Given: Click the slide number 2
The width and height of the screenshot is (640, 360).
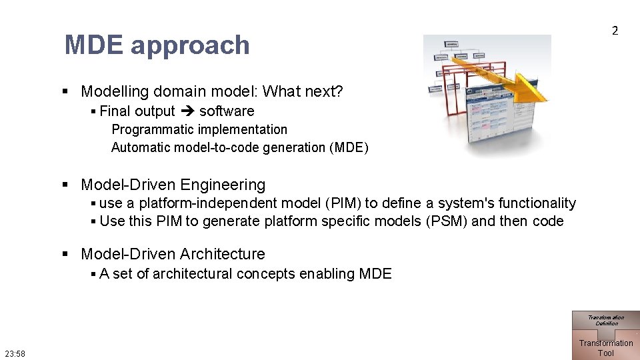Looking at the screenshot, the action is point(615,31).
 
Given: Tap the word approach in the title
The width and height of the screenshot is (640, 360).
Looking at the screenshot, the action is point(190,46).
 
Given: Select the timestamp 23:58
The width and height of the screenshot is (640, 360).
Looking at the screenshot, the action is point(15,353).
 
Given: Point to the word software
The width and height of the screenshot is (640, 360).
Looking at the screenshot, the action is point(227,111).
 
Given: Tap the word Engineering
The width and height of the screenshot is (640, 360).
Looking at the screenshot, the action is point(223,185).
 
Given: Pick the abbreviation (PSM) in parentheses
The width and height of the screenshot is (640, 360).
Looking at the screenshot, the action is point(446,221).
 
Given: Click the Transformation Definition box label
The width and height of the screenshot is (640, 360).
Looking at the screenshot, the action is point(606,320).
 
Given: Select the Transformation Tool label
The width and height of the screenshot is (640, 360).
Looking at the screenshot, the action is point(606,348).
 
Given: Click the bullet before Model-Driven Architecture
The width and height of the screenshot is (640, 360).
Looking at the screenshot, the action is point(65,254).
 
